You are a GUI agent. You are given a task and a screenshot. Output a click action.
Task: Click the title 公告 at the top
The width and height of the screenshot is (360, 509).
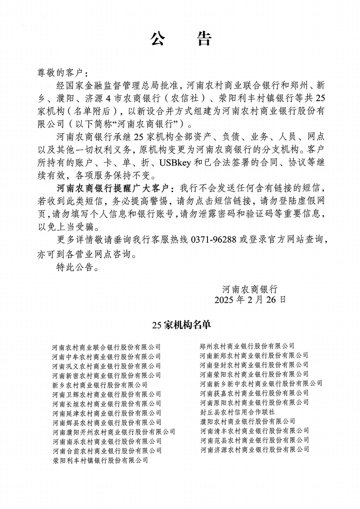coord(180,39)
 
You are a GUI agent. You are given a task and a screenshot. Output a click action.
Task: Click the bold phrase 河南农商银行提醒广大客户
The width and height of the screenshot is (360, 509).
coord(112,187)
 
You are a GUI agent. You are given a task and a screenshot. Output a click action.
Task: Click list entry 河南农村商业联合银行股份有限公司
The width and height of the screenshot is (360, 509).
coord(107,347)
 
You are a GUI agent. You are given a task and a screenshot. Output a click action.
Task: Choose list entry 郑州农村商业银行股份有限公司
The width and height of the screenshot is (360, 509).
coord(247,346)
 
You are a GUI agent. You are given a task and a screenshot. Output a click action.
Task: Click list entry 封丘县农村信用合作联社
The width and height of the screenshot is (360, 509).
coord(237,411)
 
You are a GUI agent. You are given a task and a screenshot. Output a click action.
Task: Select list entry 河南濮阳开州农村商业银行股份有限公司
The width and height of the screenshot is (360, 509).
coord(114,432)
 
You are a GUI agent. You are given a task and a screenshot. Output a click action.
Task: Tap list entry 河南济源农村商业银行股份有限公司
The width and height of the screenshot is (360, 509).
coord(255,449)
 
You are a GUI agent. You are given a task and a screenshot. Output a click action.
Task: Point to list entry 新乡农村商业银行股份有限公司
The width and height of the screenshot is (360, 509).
coord(100,385)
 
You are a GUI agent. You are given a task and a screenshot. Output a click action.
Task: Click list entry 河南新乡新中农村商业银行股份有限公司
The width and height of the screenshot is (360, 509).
coord(261,383)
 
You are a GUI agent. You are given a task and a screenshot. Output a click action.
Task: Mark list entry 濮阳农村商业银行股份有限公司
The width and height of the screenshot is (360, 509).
coord(247,421)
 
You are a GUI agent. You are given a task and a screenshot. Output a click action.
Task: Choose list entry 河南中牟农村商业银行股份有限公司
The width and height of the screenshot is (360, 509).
coord(107,357)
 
